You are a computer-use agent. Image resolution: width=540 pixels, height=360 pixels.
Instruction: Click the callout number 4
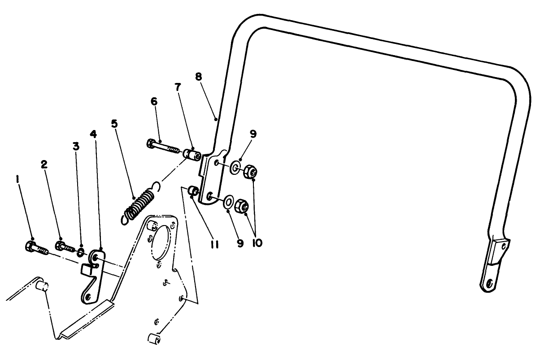93,134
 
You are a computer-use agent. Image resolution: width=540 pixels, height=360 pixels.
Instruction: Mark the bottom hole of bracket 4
88,296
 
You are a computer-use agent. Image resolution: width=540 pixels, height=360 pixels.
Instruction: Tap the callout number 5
115,123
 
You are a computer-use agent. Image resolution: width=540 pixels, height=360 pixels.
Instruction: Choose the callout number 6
154,101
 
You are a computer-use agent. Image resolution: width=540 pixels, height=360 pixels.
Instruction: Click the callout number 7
178,87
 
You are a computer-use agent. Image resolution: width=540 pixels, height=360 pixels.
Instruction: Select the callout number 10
257,243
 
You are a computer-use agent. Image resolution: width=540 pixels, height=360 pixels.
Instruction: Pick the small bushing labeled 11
193,191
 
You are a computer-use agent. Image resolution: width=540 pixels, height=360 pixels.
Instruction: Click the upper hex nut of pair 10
251,171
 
